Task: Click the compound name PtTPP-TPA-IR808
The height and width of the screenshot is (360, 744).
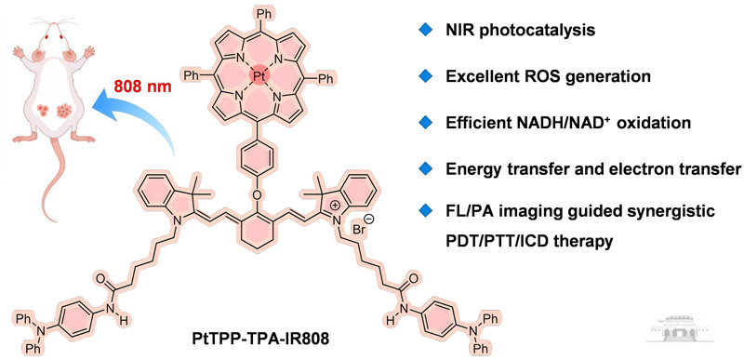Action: click(x=249, y=340)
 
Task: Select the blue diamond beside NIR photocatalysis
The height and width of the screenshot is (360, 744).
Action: click(x=424, y=31)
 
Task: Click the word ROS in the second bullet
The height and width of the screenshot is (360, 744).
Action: click(x=538, y=77)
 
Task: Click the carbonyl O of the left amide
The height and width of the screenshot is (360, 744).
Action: click(x=100, y=277)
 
